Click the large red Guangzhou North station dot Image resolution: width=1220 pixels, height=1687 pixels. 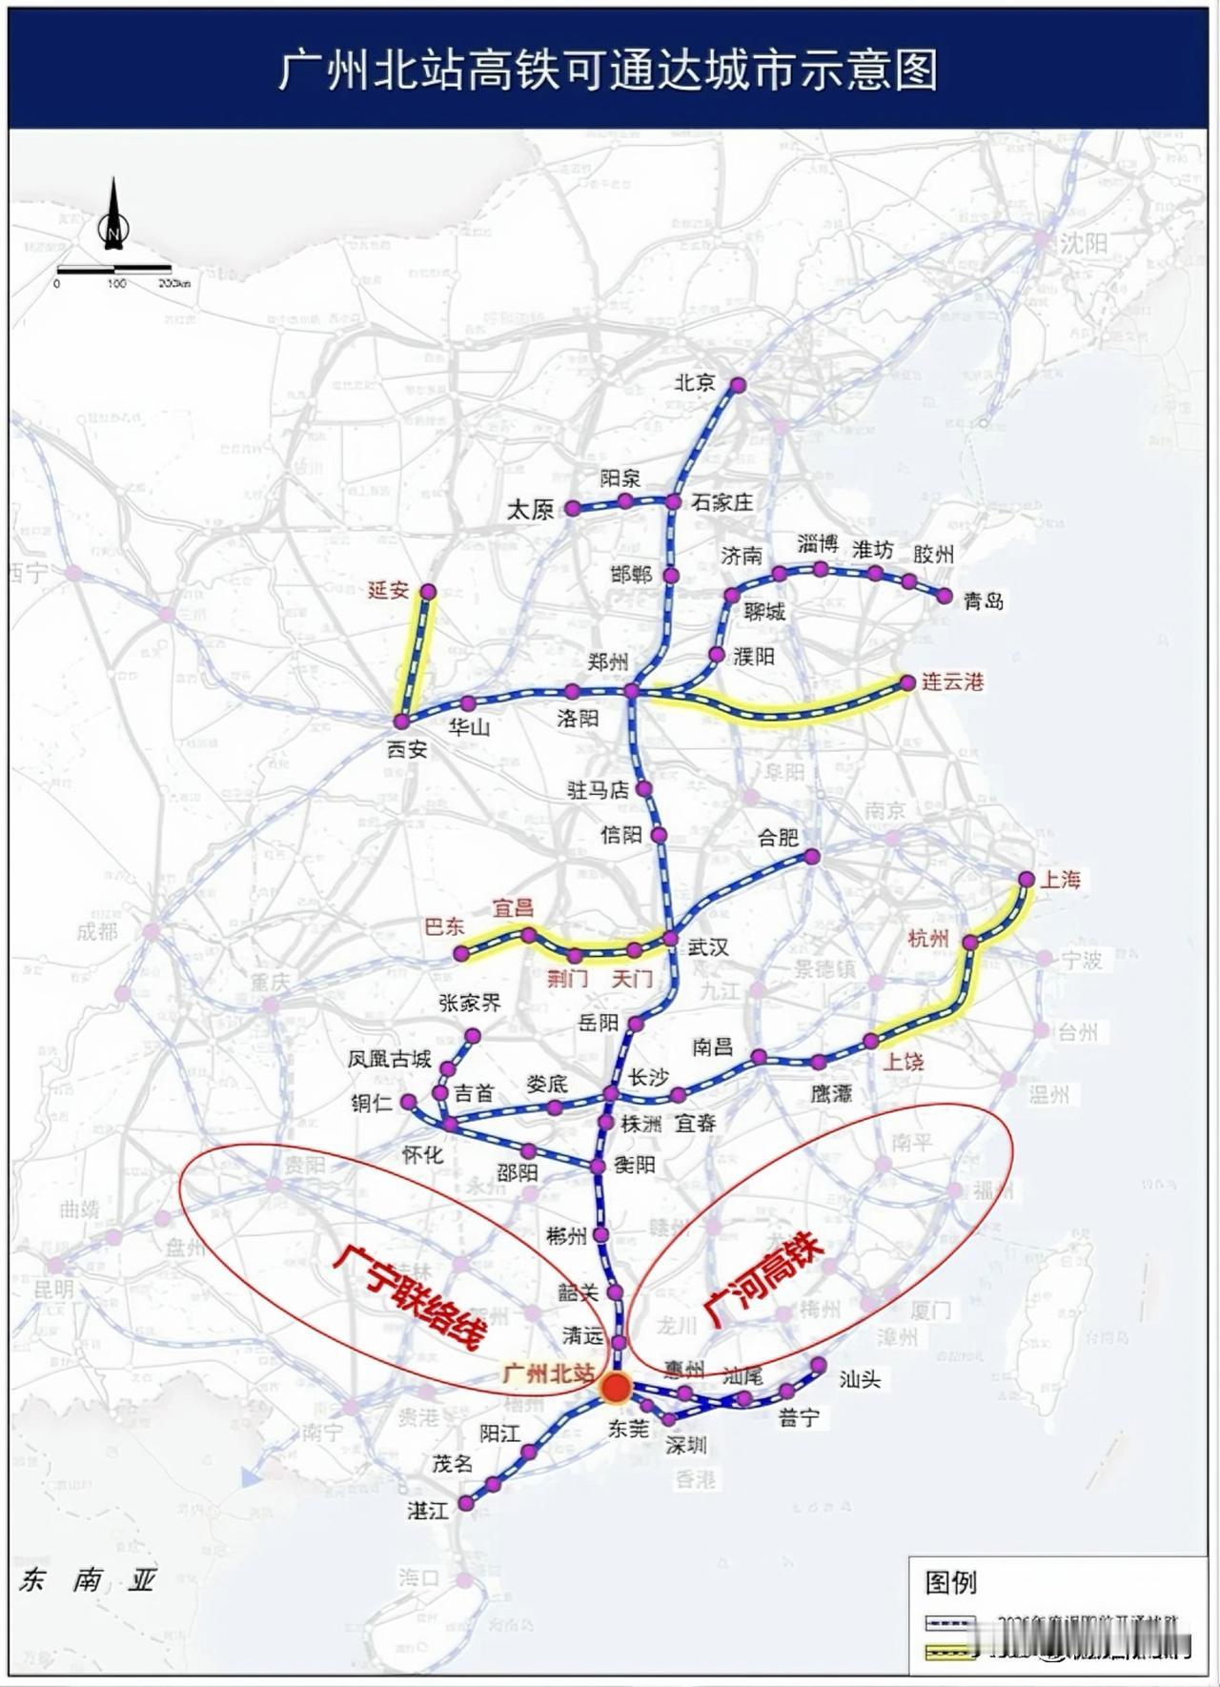click(x=616, y=1388)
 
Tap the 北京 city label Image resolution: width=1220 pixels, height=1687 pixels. click(x=694, y=382)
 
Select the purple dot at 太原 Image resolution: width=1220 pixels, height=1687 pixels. click(x=573, y=509)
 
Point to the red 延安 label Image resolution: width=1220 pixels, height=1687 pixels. click(x=388, y=590)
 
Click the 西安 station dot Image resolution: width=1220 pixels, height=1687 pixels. click(x=401, y=722)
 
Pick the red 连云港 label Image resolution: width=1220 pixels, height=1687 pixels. click(x=951, y=681)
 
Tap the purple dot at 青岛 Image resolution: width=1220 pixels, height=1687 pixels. click(x=945, y=596)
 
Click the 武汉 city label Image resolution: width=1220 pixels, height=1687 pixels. click(x=708, y=946)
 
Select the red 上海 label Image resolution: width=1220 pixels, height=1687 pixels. click(x=1060, y=879)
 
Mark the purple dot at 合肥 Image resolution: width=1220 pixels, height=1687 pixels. click(x=812, y=857)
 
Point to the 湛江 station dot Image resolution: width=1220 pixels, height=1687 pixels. click(x=466, y=1503)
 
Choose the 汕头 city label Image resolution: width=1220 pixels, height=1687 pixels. click(x=860, y=1379)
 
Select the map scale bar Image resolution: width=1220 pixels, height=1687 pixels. click(x=114, y=271)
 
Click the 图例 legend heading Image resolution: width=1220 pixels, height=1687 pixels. click(x=950, y=1581)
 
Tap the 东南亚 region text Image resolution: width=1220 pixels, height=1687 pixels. click(x=87, y=1579)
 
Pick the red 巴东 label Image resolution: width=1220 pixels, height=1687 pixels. click(x=443, y=926)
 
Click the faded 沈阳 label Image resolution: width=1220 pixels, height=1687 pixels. click(x=1085, y=243)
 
